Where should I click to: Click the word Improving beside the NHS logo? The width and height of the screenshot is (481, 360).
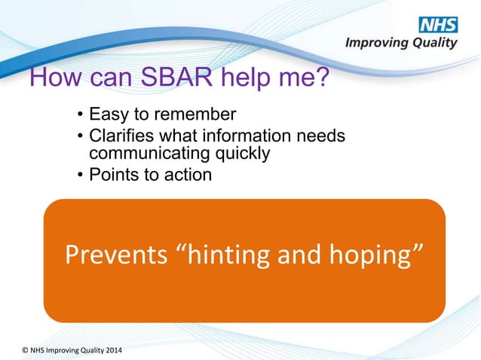(x=375, y=44)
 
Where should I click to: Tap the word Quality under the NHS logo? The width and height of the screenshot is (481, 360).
(x=433, y=44)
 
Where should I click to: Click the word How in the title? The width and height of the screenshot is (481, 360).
(x=54, y=78)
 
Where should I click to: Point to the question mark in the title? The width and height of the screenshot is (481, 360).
(x=321, y=78)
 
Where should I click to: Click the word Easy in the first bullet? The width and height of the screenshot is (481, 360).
(x=107, y=115)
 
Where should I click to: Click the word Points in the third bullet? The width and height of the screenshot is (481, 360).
(x=112, y=175)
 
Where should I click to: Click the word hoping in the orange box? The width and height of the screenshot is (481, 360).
(x=368, y=256)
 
